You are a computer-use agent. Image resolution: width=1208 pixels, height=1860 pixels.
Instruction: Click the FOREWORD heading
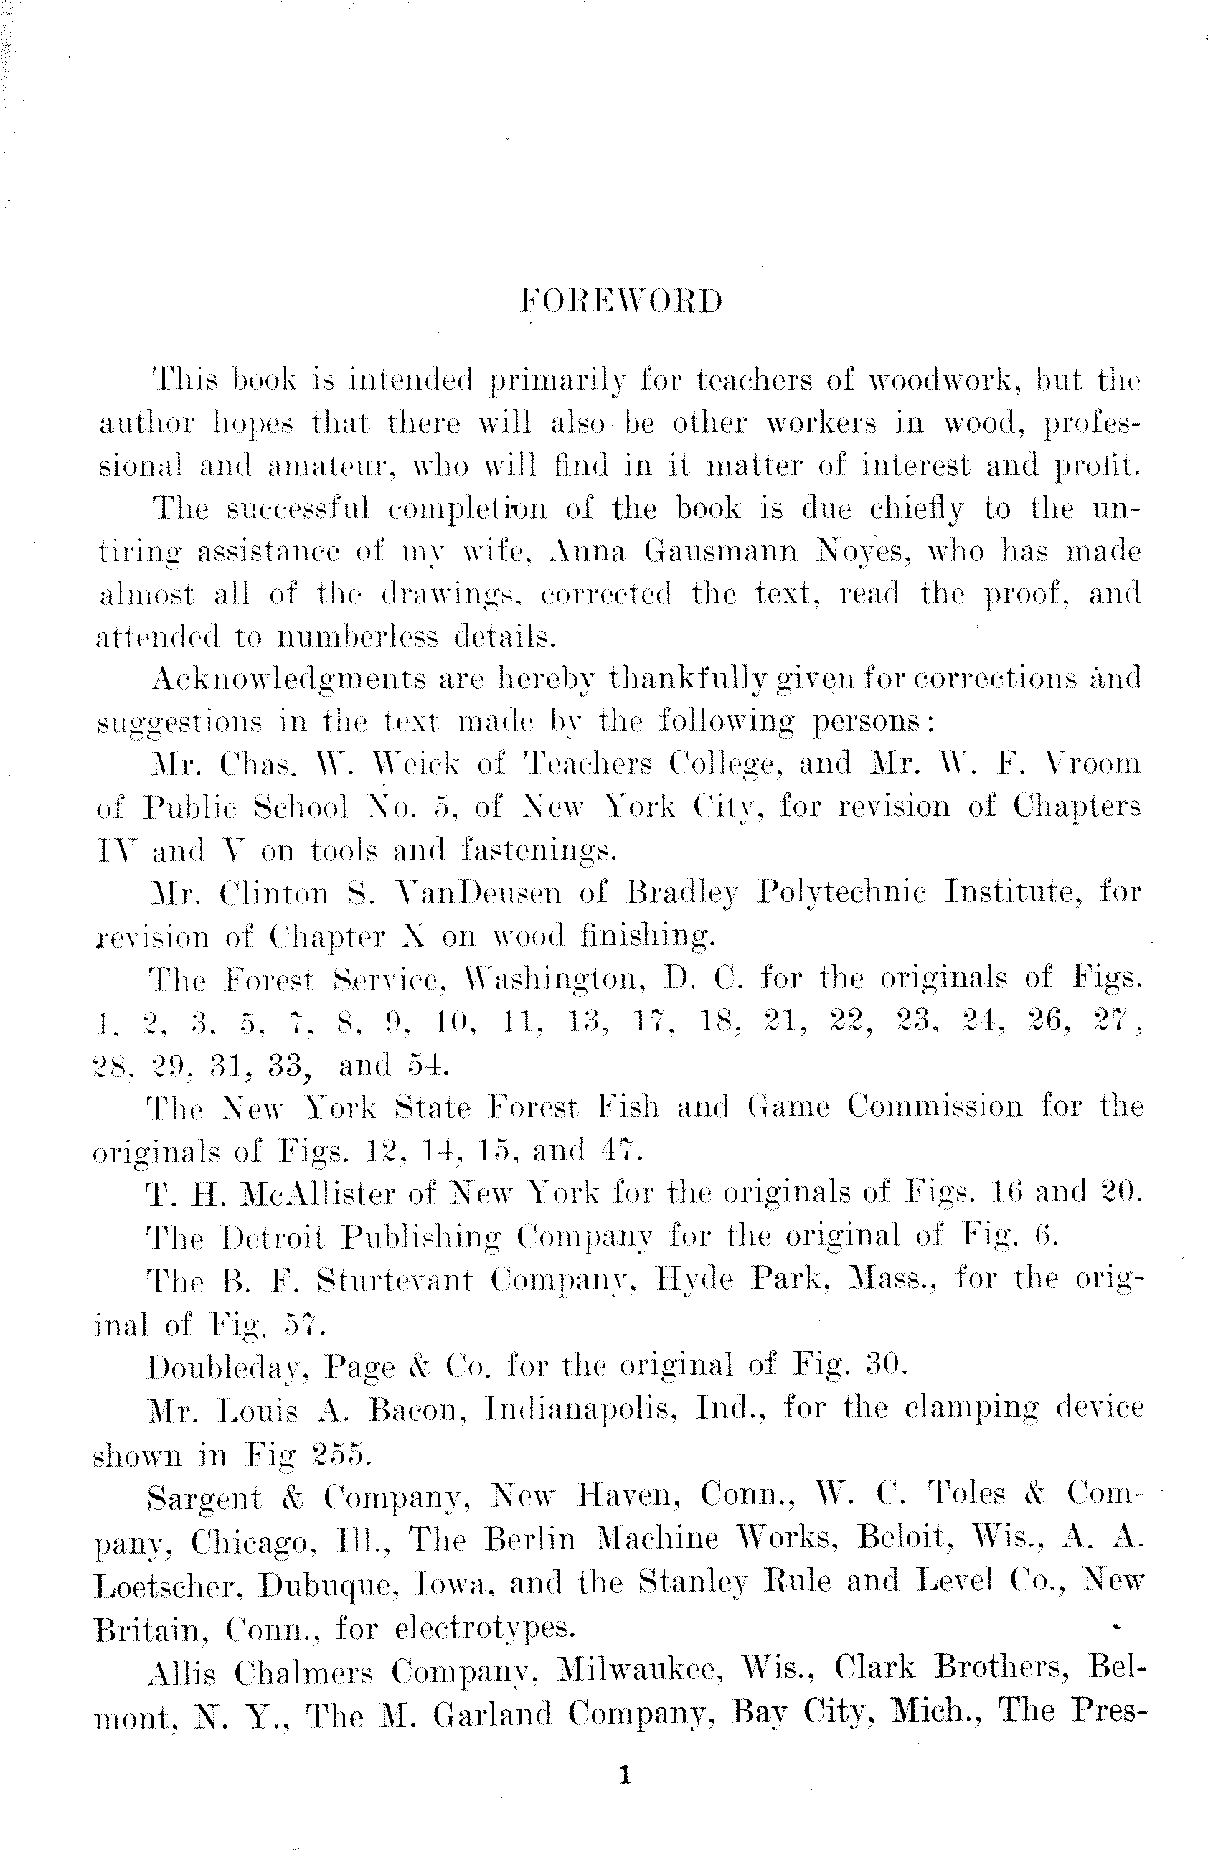tap(621, 301)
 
